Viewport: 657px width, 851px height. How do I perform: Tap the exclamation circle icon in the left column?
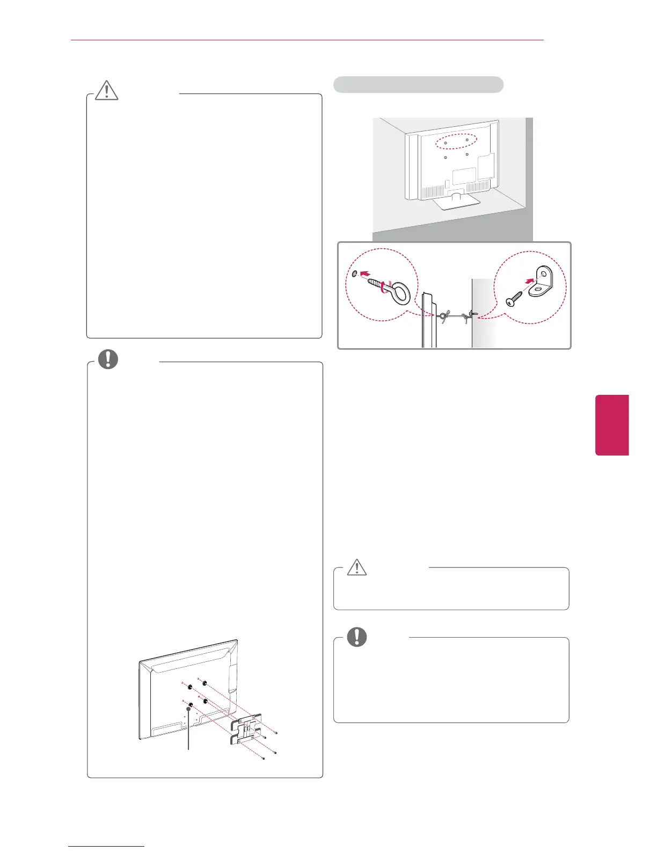[108, 359]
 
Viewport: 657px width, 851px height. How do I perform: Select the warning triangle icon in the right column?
[356, 567]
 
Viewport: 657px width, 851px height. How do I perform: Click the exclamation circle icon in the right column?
[356, 637]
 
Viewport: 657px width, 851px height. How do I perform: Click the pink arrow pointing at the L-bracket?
[530, 280]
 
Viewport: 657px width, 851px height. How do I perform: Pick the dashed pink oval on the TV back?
[456, 141]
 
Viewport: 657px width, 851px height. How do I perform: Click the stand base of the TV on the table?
[455, 203]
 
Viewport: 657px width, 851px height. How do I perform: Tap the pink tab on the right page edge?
[612, 425]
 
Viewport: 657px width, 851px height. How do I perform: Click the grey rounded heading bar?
[418, 85]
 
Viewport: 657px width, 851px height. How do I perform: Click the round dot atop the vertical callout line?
[189, 709]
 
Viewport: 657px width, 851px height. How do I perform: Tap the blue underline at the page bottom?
[106, 846]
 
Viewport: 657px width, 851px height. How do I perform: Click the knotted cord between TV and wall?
[454, 318]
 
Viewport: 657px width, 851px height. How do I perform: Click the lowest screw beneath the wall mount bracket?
[263, 758]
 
